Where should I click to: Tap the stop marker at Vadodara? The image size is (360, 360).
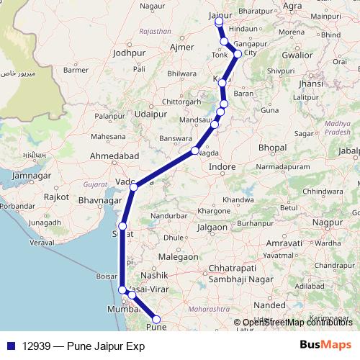(134, 187)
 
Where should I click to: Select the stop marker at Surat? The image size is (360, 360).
(122, 227)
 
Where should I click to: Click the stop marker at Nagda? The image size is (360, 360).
(196, 151)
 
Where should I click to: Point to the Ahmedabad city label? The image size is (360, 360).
(113, 156)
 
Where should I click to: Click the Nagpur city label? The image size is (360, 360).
(336, 224)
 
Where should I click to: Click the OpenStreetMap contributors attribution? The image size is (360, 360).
(297, 323)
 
